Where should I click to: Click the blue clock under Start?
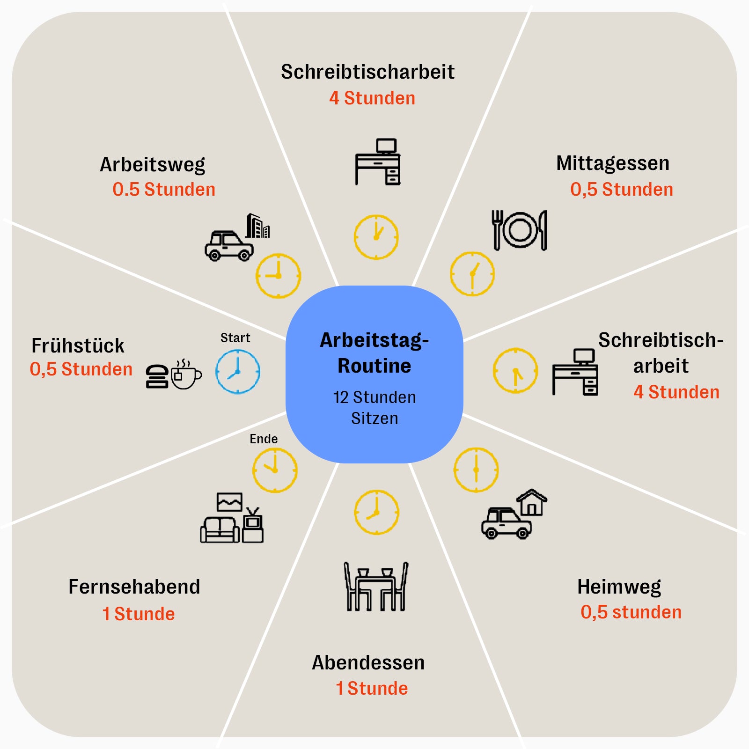coord(238,372)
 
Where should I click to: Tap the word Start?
coord(235,338)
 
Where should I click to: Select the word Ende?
coord(264,439)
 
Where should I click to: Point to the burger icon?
coord(157,376)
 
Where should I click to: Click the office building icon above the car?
coord(257,226)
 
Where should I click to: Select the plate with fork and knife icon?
coord(519,230)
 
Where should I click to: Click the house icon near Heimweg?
coord(532,502)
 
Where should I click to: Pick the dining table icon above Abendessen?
coord(376,587)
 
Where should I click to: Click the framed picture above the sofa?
coord(229,502)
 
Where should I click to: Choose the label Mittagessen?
coord(612,163)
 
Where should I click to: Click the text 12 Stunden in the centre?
coord(374,397)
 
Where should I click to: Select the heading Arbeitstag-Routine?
coord(374,352)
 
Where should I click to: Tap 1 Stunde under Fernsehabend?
coord(139,614)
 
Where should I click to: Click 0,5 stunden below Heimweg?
coord(631,612)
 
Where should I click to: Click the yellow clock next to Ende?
coord(275,470)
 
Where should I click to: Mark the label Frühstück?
coord(78,346)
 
